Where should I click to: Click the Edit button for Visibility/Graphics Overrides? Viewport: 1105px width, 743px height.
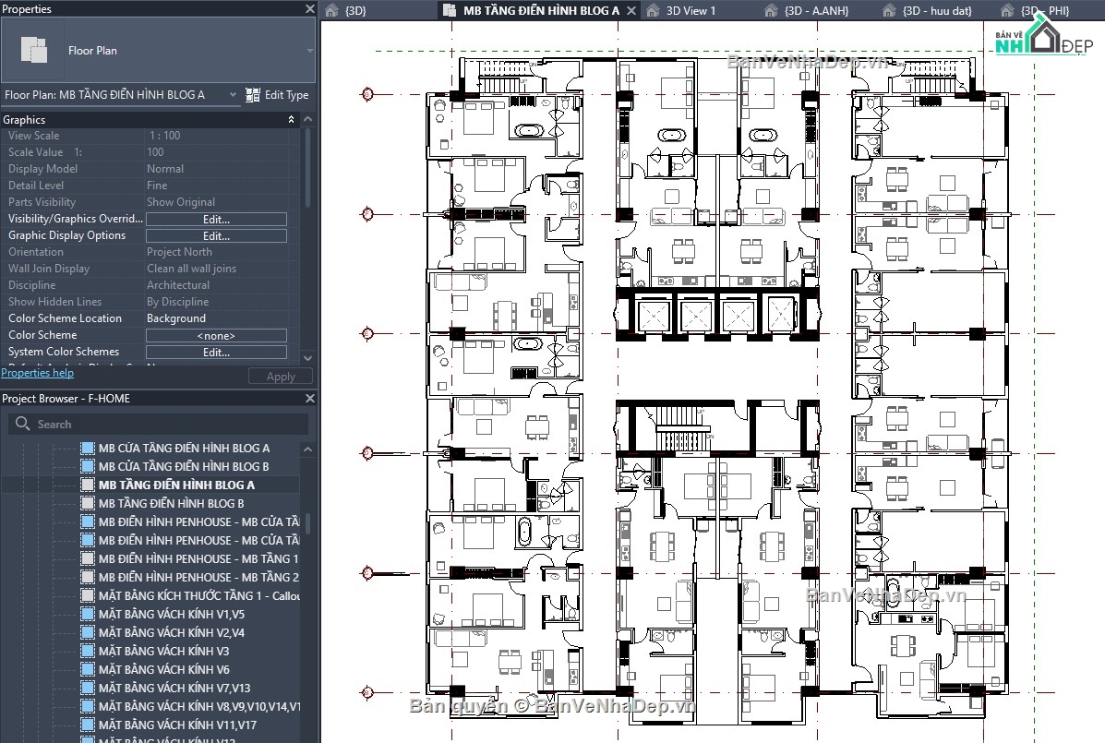click(x=216, y=220)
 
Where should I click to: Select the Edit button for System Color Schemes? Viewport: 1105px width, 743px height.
click(x=216, y=353)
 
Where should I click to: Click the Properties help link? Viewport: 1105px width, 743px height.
click(x=37, y=373)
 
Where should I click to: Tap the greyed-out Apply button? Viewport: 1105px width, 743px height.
click(x=281, y=377)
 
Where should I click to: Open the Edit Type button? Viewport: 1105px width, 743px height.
click(x=277, y=95)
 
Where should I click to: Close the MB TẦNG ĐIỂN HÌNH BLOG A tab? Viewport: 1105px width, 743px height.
click(x=631, y=11)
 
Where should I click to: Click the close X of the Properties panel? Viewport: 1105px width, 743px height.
click(x=310, y=9)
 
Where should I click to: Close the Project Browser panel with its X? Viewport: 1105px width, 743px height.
click(x=310, y=399)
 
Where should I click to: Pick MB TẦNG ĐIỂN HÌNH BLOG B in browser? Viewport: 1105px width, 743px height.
click(x=171, y=503)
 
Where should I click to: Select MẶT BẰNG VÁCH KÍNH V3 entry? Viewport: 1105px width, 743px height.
click(x=163, y=651)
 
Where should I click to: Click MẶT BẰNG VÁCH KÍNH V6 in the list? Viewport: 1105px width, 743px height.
click(x=163, y=669)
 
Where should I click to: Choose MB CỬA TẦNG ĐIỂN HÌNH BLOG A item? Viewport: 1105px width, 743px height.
click(x=184, y=448)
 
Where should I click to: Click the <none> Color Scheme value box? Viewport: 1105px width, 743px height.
click(x=216, y=336)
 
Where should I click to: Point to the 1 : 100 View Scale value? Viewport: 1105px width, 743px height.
click(x=164, y=136)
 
